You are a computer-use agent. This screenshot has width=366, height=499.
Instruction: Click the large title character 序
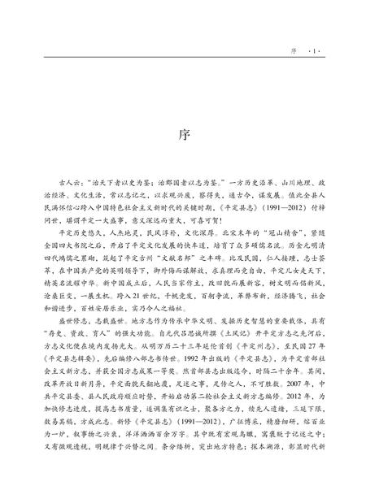point(183,134)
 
